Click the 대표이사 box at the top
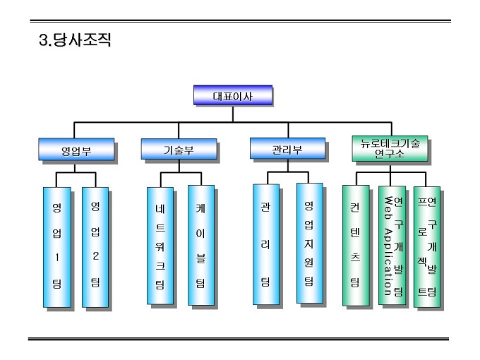(x=233, y=95)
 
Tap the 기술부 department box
(x=178, y=150)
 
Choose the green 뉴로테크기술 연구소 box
(x=389, y=148)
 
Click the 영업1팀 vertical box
(x=56, y=247)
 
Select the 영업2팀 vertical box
(x=95, y=247)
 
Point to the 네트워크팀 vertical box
(x=160, y=246)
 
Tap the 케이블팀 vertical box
(x=200, y=246)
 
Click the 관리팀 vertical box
(x=265, y=244)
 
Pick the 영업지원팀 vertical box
(x=308, y=243)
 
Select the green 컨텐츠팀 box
(x=355, y=246)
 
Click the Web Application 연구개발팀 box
(x=391, y=246)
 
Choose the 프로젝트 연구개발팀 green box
(x=427, y=246)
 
